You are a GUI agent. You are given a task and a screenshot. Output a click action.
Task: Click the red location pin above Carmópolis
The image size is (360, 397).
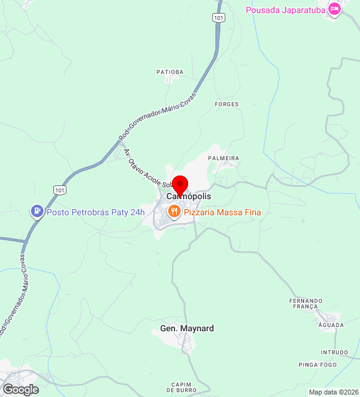179,185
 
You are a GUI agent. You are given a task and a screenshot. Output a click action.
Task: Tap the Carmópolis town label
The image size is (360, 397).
189,196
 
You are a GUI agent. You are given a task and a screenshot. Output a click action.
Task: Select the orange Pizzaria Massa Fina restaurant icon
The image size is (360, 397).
174,212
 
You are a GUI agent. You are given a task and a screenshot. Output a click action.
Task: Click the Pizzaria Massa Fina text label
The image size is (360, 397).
222,213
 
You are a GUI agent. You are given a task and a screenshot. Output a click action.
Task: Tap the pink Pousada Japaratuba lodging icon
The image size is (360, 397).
335,9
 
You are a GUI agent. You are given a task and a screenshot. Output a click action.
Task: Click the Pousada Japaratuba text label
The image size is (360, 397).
286,10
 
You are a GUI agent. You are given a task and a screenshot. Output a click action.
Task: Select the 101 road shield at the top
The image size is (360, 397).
217,17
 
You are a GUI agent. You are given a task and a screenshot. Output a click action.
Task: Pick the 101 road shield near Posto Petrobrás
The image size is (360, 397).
60,190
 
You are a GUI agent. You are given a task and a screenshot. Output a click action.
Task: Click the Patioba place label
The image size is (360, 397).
169,72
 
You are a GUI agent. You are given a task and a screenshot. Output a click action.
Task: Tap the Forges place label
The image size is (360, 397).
227,104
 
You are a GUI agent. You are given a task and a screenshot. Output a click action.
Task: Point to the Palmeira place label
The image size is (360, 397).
223,158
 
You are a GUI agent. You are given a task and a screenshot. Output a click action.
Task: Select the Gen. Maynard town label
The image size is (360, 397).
187,328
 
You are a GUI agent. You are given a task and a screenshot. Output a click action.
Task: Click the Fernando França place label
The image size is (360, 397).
306,303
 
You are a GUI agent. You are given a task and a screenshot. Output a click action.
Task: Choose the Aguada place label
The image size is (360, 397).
330,325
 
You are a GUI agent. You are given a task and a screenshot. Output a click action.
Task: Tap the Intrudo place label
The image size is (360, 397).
335,352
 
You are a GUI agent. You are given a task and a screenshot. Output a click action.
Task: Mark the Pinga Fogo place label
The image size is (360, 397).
317,364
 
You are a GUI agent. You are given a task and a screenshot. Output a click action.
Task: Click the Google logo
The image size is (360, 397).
20,390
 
